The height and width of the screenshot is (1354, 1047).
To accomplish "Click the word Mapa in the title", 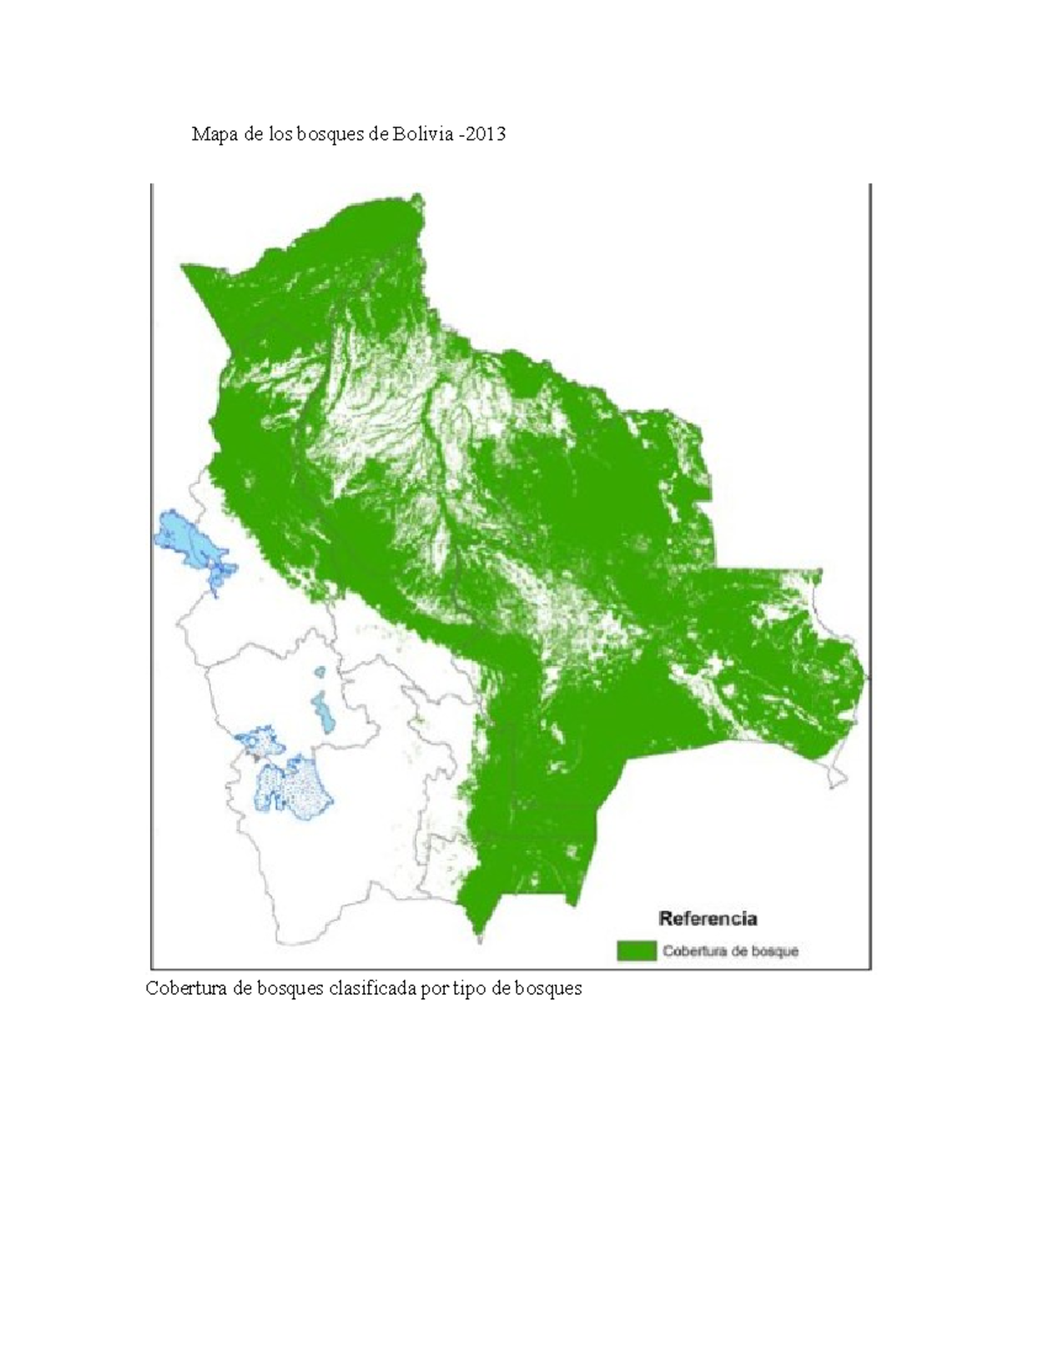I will tap(214, 134).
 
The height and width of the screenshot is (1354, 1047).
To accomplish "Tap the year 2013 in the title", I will tap(488, 134).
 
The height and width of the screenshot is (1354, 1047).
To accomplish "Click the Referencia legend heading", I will tap(708, 918).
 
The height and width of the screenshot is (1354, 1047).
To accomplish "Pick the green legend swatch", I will tap(636, 950).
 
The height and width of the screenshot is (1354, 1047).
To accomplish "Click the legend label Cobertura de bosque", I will tap(730, 951).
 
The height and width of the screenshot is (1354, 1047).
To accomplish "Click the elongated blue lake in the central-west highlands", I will tap(325, 713).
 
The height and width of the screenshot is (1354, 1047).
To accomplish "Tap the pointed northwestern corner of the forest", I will tap(185, 270).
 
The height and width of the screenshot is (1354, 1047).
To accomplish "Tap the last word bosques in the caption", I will tap(547, 989).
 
